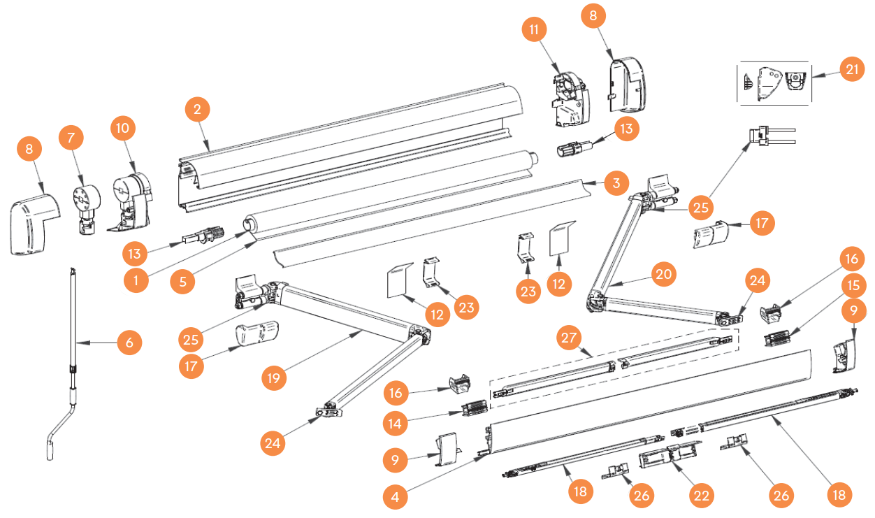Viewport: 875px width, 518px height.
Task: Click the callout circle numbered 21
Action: coord(852,70)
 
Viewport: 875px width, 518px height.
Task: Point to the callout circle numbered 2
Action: coord(198,109)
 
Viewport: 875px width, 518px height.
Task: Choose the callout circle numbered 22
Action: coord(701,495)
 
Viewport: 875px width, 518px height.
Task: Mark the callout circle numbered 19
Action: coord(273,378)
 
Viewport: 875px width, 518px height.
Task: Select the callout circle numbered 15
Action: coord(851,286)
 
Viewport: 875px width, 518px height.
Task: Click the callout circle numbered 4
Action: coord(396,497)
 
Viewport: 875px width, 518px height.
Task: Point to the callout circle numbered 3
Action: coord(615,185)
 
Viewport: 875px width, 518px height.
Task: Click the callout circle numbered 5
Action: coord(183,281)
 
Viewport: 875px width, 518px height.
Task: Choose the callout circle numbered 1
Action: coord(136,281)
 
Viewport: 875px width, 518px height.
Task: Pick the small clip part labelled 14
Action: coord(474,407)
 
